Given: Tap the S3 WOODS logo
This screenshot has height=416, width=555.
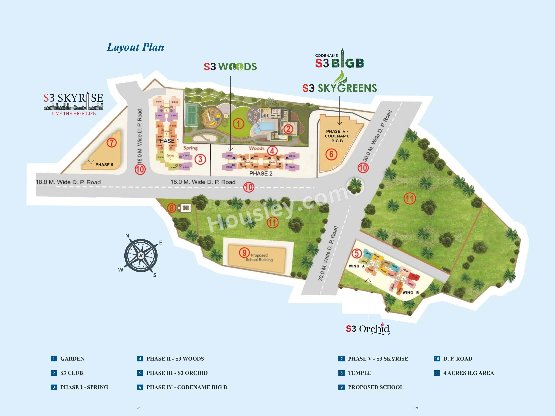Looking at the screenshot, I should (230, 67).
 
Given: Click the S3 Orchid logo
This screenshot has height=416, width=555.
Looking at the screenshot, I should (368, 329).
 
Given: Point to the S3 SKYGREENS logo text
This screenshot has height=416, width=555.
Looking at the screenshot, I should (339, 88).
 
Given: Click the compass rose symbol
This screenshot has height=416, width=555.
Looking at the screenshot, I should (141, 255).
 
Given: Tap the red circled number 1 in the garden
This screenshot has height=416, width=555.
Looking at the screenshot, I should (238, 124).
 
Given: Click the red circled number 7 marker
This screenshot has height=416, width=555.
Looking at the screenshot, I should (112, 143).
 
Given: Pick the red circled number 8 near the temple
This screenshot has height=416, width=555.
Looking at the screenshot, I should (172, 208).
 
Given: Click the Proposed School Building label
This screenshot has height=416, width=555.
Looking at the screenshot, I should (259, 257).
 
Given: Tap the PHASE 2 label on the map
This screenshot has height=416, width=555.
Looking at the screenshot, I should (261, 173).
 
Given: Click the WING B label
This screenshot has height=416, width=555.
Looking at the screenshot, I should (411, 292).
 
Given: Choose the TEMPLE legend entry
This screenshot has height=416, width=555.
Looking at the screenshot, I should (359, 373).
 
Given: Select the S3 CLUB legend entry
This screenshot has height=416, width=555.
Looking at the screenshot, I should (72, 373).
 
